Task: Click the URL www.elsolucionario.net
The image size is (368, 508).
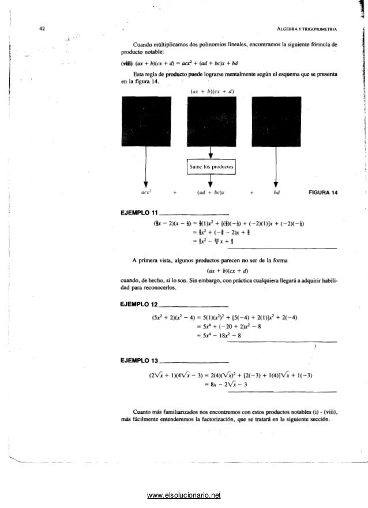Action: click(184, 495)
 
